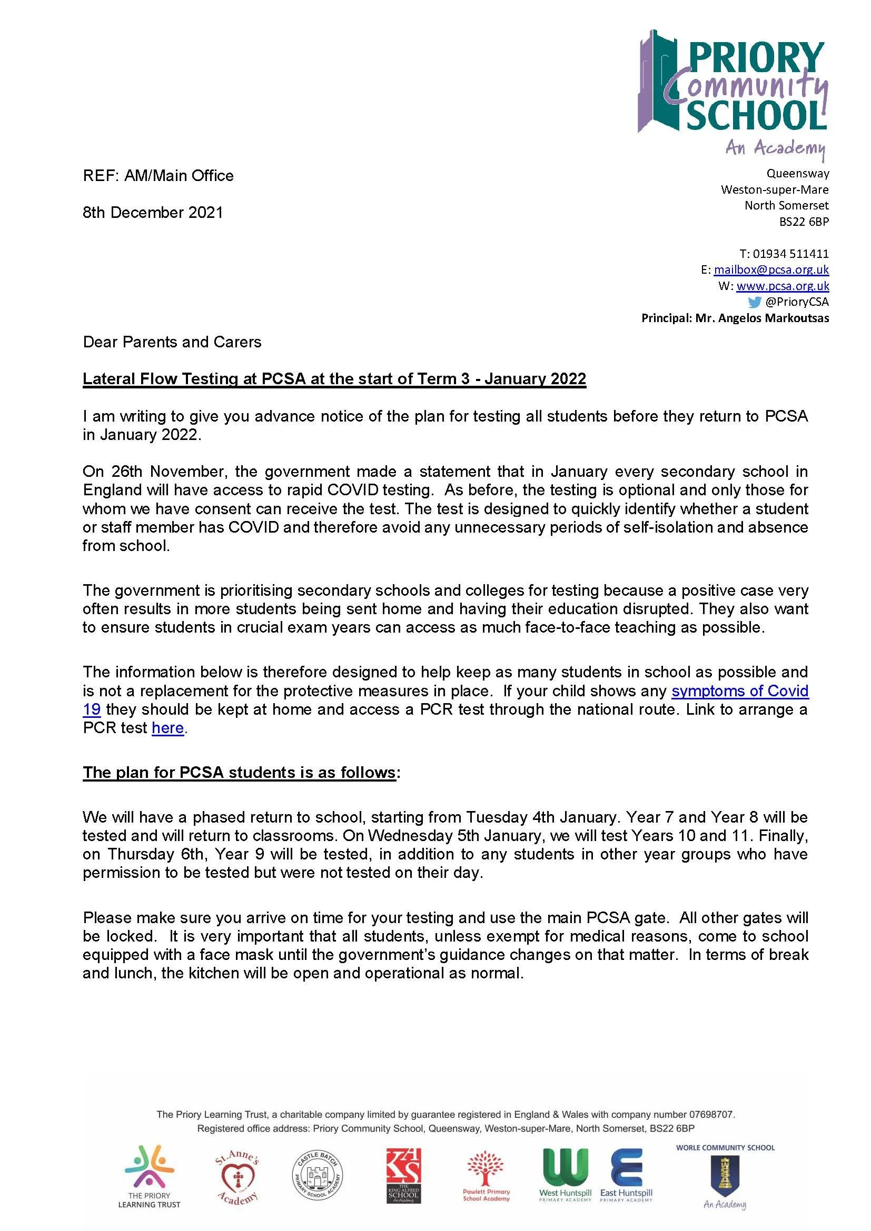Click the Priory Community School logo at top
click(x=733, y=91)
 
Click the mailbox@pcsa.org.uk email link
click(x=771, y=269)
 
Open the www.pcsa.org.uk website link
click(x=783, y=286)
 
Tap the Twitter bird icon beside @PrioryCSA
click(x=755, y=302)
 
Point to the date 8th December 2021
click(x=153, y=213)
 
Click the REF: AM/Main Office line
click(x=158, y=176)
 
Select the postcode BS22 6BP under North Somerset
click(x=804, y=222)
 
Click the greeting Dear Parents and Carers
click(x=172, y=342)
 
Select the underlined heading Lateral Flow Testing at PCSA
click(x=334, y=379)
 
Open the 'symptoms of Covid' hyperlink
click(x=739, y=690)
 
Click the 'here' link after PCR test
click(x=168, y=728)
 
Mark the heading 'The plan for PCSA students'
click(x=239, y=772)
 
